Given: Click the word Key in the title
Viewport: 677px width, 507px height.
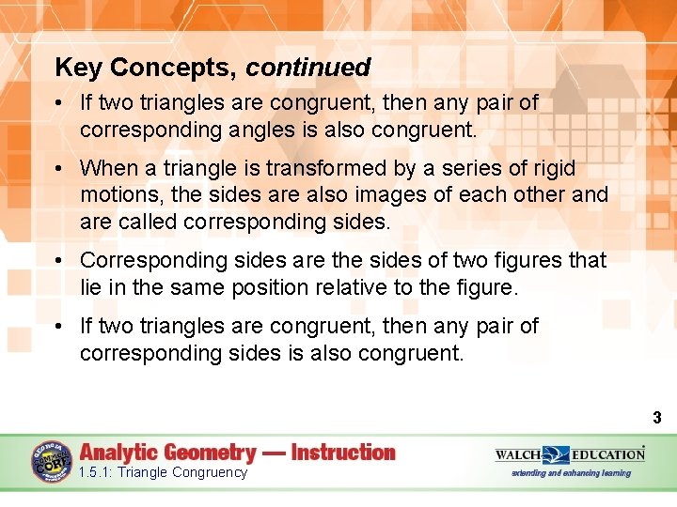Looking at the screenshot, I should coord(78,68).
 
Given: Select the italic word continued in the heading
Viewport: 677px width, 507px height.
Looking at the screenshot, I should coord(308,68).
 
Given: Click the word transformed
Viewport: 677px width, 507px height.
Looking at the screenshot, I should coord(341,168).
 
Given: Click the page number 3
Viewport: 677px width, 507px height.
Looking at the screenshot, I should coord(657,418).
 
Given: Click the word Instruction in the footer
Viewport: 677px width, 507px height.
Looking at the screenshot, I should coord(343,453).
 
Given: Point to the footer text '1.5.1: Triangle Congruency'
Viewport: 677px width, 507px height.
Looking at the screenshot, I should coord(164,472).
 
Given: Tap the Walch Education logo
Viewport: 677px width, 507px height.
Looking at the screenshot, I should coord(570,454).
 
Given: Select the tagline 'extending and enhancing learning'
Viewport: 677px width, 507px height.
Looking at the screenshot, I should coord(571,473).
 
